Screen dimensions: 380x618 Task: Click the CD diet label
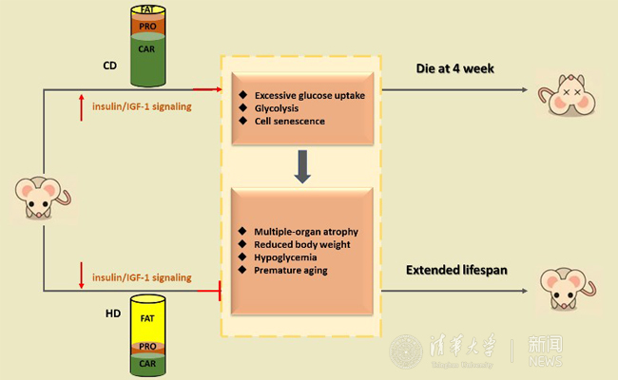109,66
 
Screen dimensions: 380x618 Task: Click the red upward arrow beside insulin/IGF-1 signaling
83,105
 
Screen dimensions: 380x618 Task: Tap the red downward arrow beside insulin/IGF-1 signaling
83,277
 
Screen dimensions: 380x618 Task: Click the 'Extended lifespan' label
455,270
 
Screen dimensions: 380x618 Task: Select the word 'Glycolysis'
280,107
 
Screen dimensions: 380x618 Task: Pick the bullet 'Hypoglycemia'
285,258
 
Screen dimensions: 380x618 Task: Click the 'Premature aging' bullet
291,272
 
